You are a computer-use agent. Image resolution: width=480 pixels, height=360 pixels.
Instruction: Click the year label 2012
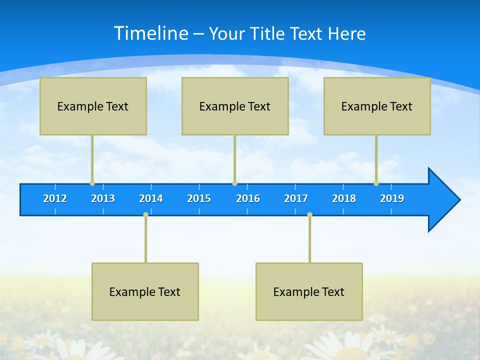(55, 198)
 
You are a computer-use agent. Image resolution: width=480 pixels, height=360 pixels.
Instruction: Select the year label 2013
(103, 198)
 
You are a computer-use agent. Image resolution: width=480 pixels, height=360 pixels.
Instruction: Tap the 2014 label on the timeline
(151, 198)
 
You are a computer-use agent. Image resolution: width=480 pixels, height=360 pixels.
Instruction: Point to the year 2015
(199, 198)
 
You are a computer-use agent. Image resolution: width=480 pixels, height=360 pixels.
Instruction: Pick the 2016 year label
(248, 198)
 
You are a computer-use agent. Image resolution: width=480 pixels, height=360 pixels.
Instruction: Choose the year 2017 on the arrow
(296, 198)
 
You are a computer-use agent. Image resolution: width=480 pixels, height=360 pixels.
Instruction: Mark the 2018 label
(344, 198)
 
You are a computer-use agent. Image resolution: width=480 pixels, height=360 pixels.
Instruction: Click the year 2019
(392, 198)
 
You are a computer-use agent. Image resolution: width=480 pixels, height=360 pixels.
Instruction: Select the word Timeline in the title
(150, 33)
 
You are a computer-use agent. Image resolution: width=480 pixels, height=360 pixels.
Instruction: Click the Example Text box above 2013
(93, 106)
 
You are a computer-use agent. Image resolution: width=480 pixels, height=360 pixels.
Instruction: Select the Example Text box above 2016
(235, 106)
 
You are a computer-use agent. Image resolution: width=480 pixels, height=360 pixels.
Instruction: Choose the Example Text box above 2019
(377, 106)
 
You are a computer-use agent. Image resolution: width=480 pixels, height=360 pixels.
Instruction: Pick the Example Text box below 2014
(145, 291)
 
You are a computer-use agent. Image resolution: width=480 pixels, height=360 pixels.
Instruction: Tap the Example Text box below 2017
(309, 291)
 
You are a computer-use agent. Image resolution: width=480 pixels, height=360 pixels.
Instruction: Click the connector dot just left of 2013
(92, 183)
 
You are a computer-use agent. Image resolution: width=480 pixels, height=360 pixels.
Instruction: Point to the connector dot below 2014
(145, 215)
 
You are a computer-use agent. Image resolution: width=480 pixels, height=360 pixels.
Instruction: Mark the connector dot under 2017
(309, 215)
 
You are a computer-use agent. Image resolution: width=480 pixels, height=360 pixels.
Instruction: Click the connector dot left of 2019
(376, 183)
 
